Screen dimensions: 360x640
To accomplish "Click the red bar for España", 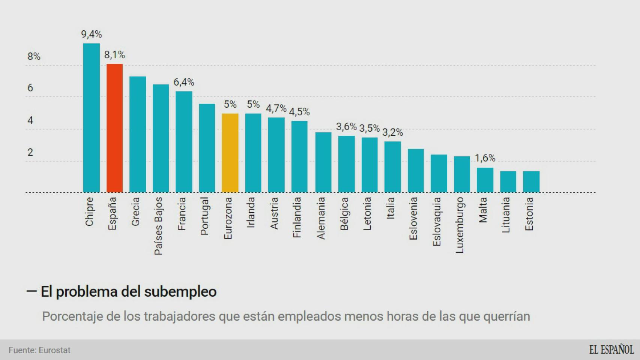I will click(x=114, y=128).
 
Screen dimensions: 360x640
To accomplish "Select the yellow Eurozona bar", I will click(x=230, y=153).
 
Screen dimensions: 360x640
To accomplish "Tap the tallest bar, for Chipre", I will click(x=91, y=118).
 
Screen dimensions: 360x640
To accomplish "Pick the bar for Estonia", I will click(x=531, y=182).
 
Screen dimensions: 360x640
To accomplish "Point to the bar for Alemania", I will click(x=323, y=162).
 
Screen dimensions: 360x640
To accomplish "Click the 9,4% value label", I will click(x=92, y=34).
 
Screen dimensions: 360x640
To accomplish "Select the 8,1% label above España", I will click(x=114, y=55).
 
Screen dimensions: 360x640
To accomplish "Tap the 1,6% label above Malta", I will click(x=485, y=158).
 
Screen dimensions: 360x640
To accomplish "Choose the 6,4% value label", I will click(x=184, y=82).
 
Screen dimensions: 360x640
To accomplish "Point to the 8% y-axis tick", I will click(x=34, y=57).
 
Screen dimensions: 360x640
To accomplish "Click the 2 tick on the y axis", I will click(x=30, y=152).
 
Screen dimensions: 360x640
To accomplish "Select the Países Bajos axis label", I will click(x=159, y=226).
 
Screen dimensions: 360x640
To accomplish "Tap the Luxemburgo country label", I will click(x=460, y=225).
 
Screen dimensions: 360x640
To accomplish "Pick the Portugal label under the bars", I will click(x=205, y=216).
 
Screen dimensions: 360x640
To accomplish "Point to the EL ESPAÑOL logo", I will click(x=611, y=350).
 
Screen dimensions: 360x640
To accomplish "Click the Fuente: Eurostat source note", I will click(x=39, y=350).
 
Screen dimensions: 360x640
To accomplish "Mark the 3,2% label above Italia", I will click(x=392, y=132).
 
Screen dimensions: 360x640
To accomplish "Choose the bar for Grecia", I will click(x=138, y=134).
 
